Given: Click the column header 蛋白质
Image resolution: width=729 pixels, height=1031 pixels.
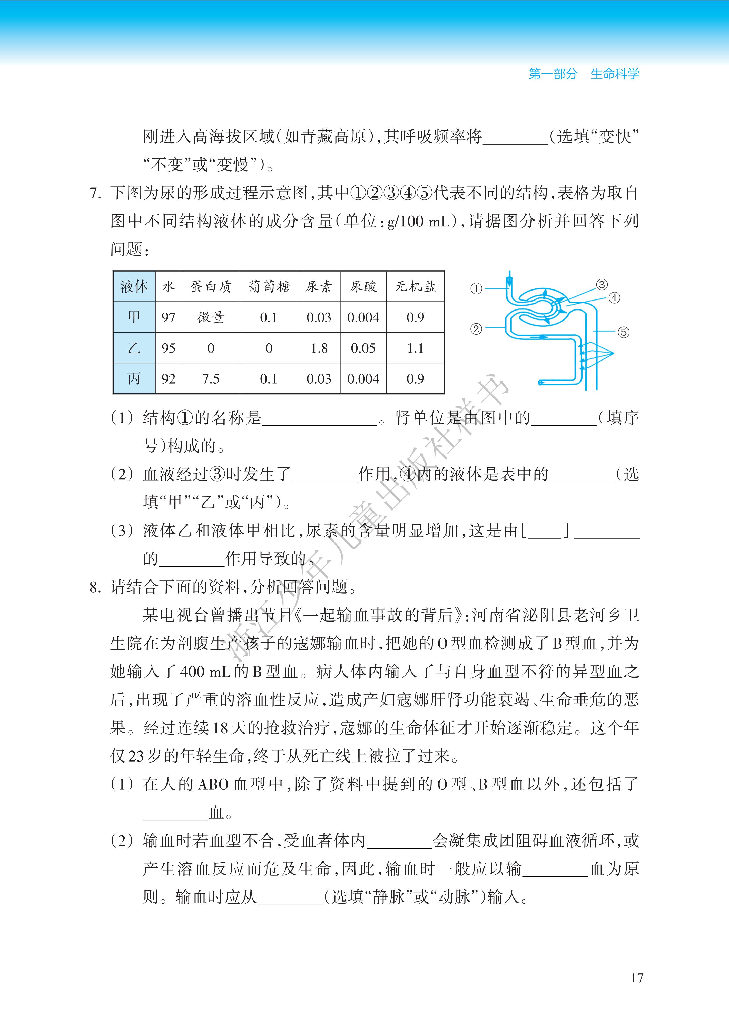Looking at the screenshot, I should (x=211, y=286).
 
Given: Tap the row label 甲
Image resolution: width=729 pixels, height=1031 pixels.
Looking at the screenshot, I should (x=134, y=317).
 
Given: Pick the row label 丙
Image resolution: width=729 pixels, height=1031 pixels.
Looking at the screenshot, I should (x=134, y=378).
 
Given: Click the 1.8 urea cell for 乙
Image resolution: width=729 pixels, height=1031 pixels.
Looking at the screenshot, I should (x=319, y=348).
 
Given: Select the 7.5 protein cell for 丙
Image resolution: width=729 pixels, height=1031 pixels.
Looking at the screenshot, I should (x=211, y=378).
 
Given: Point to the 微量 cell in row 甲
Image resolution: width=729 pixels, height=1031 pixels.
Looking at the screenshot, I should (x=211, y=317).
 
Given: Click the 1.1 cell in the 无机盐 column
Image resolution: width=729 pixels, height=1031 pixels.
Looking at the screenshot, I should (x=415, y=348).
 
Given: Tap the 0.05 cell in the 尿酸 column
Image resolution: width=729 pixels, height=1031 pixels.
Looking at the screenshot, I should (x=363, y=348).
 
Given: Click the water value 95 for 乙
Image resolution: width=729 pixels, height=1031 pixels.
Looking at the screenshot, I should (x=169, y=348).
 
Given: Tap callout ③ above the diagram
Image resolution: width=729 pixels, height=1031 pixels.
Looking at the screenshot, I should (x=602, y=284).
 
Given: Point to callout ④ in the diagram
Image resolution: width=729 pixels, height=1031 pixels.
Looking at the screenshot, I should (x=614, y=298).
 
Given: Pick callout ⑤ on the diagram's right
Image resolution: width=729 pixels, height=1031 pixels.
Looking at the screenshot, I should (x=623, y=332).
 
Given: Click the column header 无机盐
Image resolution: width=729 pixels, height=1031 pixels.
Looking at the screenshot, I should (x=415, y=286).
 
